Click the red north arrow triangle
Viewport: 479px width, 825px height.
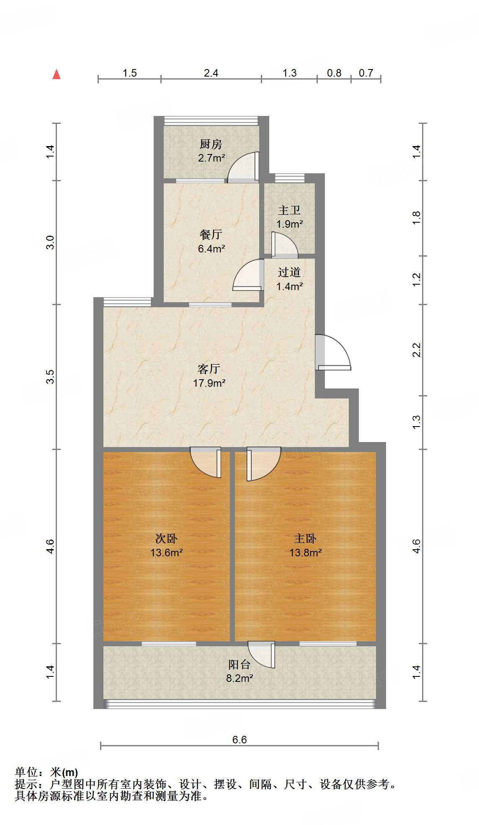click(x=57, y=75)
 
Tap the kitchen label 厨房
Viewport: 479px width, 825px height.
click(x=211, y=144)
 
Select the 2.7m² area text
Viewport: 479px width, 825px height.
click(x=211, y=158)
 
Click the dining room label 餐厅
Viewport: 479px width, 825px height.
click(x=211, y=235)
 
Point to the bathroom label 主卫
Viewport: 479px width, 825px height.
click(x=289, y=210)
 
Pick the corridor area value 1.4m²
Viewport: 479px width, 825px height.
click(x=289, y=286)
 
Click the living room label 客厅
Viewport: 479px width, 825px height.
click(x=209, y=369)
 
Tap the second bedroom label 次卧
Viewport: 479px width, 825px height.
click(x=166, y=538)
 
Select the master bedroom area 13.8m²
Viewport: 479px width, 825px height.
click(x=305, y=553)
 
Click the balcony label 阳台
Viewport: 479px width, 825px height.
click(x=239, y=664)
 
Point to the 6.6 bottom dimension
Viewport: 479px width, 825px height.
click(x=239, y=740)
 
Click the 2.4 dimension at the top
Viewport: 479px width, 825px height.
click(x=211, y=73)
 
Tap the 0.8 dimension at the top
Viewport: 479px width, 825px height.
click(x=334, y=73)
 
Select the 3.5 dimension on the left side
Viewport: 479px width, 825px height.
click(x=50, y=376)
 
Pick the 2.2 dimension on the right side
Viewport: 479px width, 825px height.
click(x=416, y=350)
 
